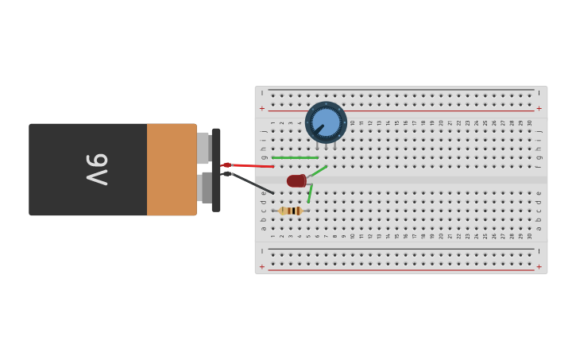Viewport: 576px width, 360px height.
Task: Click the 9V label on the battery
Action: point(96,169)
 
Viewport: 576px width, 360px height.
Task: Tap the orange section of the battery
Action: point(171,169)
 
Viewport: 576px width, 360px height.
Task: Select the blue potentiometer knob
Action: point(326,122)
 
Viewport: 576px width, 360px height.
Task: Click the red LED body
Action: point(296,181)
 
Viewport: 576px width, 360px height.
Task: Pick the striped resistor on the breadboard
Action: point(290,211)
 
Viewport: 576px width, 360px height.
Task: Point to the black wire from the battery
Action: point(253,183)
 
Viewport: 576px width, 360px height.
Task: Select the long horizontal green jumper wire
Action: point(295,157)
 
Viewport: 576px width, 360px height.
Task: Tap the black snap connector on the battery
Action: point(216,170)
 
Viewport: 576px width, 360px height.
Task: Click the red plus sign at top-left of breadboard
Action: point(262,108)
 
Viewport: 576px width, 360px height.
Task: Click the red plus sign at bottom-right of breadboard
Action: point(539,267)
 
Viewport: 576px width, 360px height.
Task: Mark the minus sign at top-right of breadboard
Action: point(539,93)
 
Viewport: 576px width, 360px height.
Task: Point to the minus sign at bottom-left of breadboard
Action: point(262,251)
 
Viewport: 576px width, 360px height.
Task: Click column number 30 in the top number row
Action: point(530,122)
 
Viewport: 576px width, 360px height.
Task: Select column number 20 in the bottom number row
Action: point(442,236)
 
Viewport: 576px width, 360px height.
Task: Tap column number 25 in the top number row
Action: point(485,122)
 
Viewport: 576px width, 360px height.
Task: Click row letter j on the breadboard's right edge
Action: point(539,131)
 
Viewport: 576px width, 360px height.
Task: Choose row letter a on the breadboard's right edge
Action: point(539,228)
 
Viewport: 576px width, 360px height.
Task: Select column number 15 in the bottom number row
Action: point(397,236)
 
